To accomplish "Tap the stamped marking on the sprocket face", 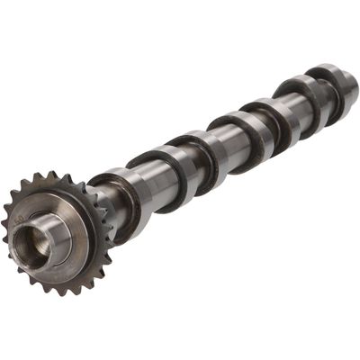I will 20,219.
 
